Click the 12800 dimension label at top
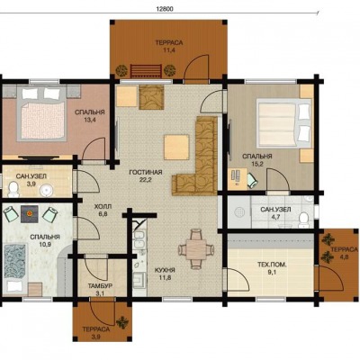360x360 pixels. (165, 9)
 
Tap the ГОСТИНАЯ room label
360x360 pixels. (146, 173)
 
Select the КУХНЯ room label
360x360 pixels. (165, 270)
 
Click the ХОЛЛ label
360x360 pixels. (103, 207)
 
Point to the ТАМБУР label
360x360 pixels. (100, 286)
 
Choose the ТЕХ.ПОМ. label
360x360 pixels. (272, 265)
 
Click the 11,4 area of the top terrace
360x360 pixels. (169, 50)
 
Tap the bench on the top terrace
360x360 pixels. (146, 71)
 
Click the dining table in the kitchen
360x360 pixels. (196, 249)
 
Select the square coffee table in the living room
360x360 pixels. (176, 148)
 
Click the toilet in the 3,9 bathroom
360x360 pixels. (13, 189)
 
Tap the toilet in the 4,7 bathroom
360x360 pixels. (303, 220)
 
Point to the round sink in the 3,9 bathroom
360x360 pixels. (46, 190)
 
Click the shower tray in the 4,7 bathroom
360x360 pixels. (239, 211)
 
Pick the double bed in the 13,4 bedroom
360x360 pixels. (41, 113)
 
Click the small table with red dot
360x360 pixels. (30, 214)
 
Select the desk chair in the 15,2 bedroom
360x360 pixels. (252, 181)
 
